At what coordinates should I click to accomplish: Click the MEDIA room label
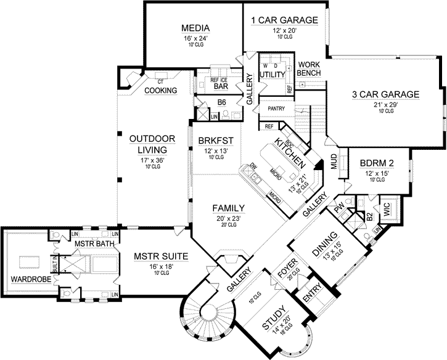[197, 28]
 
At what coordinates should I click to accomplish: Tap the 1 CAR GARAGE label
[284, 20]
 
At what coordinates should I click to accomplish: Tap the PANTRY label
[274, 108]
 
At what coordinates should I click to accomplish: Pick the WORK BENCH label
[308, 69]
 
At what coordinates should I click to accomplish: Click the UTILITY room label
[272, 75]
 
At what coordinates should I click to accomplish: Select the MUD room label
[334, 162]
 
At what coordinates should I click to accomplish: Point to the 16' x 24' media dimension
[197, 38]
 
